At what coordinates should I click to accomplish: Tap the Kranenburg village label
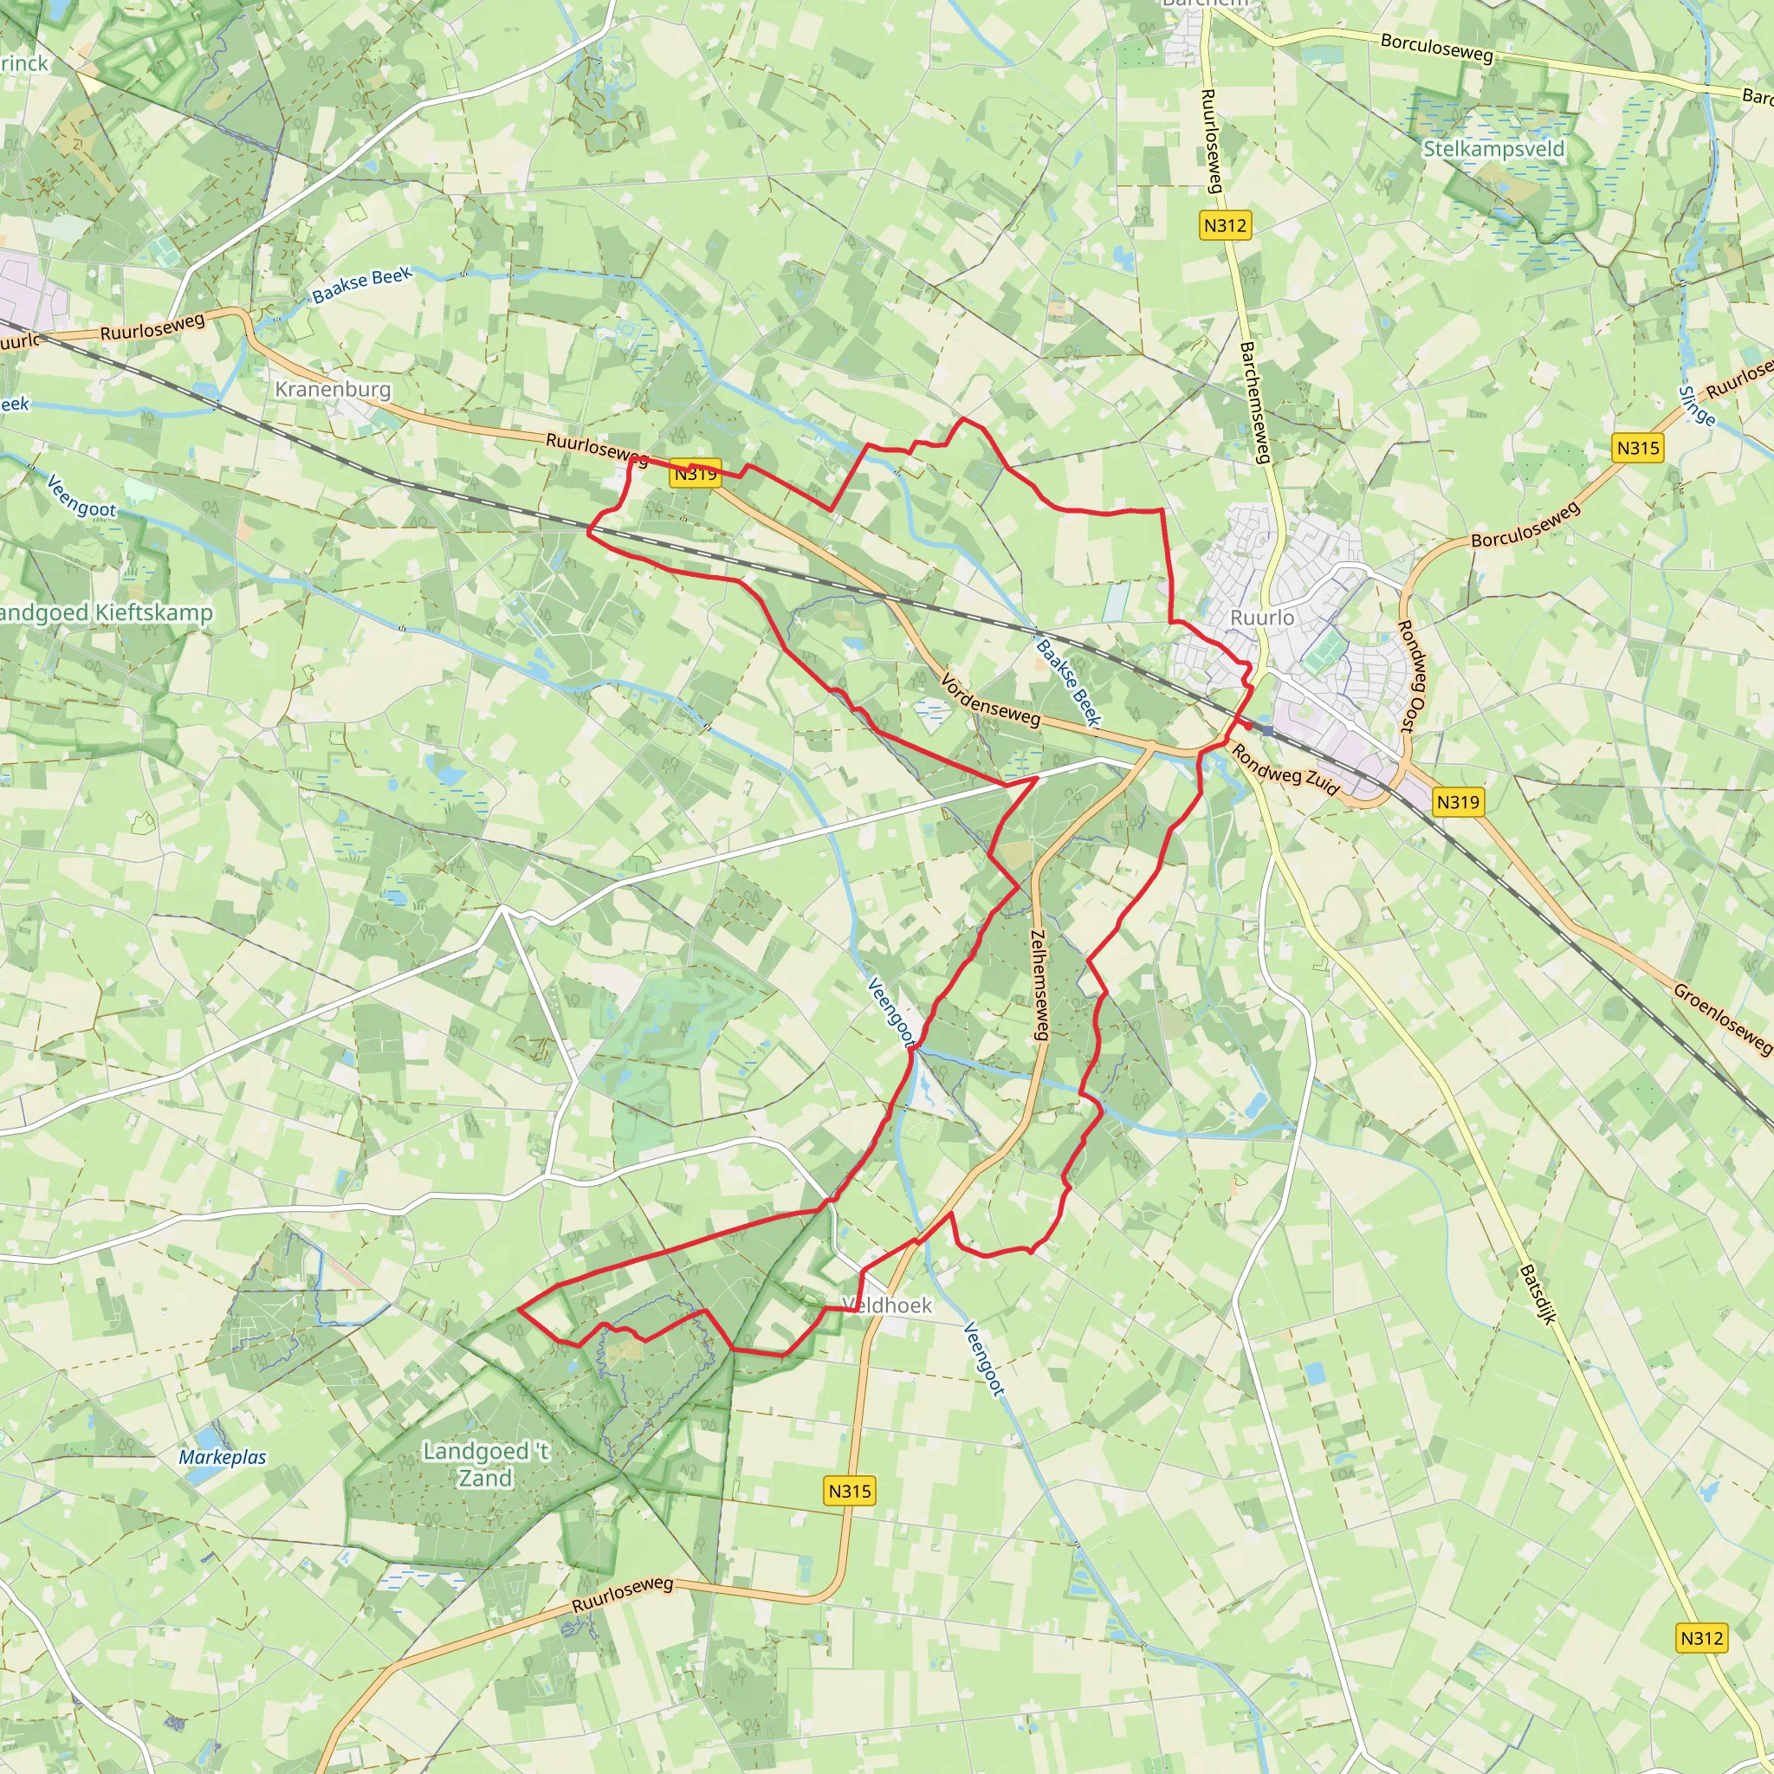pyautogui.click(x=333, y=389)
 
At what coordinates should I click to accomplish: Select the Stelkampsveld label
pyautogui.click(x=1493, y=149)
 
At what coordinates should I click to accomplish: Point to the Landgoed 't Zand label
pyautogui.click(x=486, y=1464)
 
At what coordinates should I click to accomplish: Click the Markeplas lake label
pyautogui.click(x=223, y=1457)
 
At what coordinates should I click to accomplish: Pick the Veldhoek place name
pyautogui.click(x=887, y=1305)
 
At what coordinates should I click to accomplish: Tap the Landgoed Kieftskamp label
pyautogui.click(x=106, y=612)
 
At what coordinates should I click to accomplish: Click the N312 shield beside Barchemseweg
pyautogui.click(x=1225, y=225)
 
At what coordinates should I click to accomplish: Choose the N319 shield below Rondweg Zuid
pyautogui.click(x=1457, y=801)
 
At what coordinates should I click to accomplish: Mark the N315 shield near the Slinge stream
pyautogui.click(x=1638, y=448)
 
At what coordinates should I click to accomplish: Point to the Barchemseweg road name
pyautogui.click(x=1254, y=402)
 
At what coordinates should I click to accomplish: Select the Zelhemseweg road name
pyautogui.click(x=1039, y=985)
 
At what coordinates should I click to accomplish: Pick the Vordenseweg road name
pyautogui.click(x=990, y=700)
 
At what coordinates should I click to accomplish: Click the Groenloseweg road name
pyautogui.click(x=1722, y=1018)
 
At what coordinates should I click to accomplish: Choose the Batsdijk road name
pyautogui.click(x=1538, y=1295)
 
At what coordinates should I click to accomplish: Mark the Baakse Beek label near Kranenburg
pyautogui.click(x=362, y=286)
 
